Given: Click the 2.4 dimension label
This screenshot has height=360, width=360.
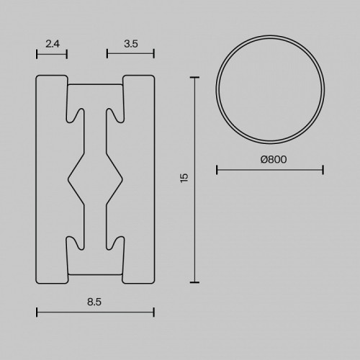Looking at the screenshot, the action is click(53, 44).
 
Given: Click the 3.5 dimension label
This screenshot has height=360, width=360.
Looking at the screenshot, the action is click(131, 44).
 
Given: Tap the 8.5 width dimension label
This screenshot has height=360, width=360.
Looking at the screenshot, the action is click(94, 302).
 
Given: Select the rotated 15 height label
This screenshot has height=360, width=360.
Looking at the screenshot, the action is click(184, 178).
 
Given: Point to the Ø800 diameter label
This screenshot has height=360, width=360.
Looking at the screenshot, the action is click(274, 159).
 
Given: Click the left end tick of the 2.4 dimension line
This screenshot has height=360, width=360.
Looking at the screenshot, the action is click(37, 54).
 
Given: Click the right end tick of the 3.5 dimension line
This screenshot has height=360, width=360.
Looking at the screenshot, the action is click(153, 54).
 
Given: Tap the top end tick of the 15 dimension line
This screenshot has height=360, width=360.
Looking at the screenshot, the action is click(194, 78).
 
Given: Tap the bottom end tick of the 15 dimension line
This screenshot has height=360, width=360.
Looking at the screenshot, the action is click(194, 282).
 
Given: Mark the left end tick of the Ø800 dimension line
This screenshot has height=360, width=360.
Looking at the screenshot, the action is click(217, 170).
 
